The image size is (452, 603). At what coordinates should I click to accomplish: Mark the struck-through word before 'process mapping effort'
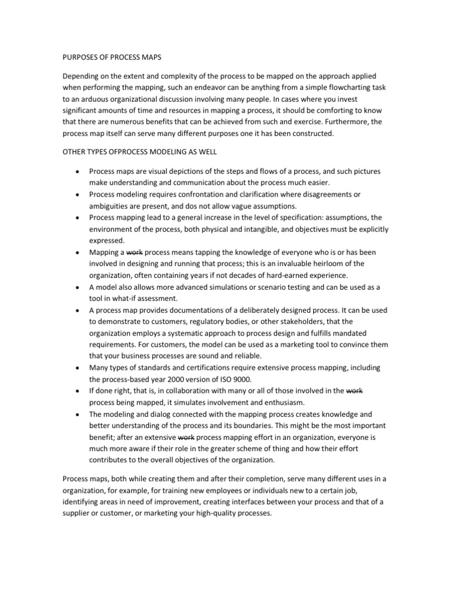tap(186, 438)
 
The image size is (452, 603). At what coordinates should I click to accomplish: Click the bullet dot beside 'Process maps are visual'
tap(78, 171)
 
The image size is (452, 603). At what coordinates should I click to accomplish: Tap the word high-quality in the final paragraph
tap(212, 513)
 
